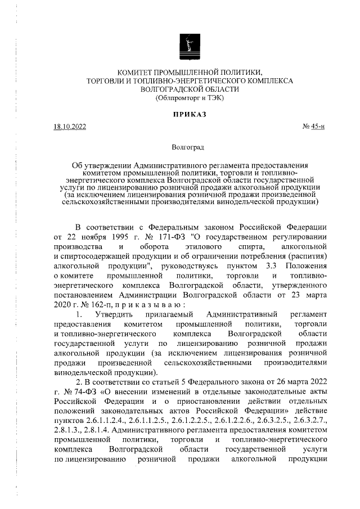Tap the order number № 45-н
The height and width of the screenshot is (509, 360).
coord(313,127)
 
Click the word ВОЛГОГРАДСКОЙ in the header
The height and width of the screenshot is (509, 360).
coord(174,89)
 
